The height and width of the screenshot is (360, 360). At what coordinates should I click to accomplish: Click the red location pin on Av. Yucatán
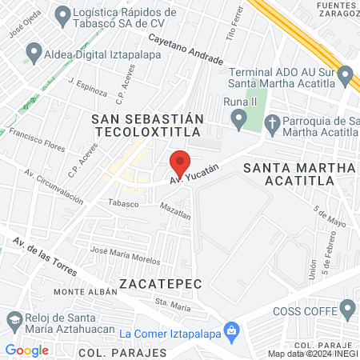pos(180,163)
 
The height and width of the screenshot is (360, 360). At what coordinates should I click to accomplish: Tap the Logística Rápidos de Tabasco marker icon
pos(61,14)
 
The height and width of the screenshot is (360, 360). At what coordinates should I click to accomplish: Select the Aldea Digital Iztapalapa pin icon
pos(34,54)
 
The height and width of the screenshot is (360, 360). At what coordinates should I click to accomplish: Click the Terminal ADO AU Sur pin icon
pos(346,77)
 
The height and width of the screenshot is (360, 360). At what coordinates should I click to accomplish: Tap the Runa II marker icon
pos(238,120)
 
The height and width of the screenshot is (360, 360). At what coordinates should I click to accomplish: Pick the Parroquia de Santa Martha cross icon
pos(271,122)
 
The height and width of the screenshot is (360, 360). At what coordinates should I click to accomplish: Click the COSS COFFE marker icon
pos(347,308)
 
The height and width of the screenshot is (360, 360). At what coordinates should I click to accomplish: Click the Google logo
pos(27,350)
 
